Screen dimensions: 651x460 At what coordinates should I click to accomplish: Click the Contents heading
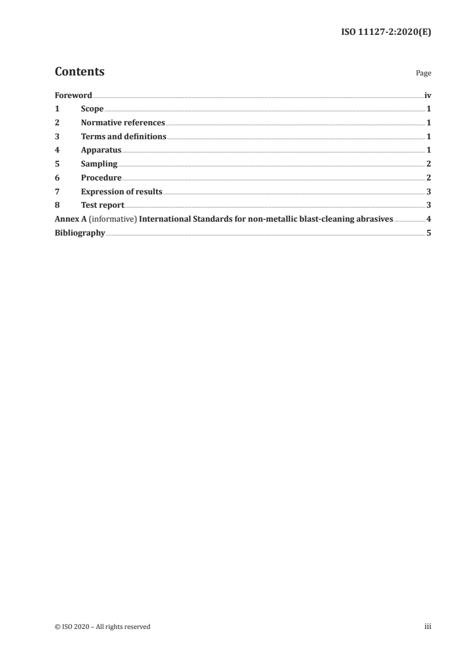(x=79, y=72)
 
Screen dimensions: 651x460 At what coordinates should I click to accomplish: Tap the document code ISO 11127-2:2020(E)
(x=385, y=33)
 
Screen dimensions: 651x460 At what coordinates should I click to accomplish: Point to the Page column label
(x=423, y=74)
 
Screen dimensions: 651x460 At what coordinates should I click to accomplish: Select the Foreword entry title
(x=73, y=95)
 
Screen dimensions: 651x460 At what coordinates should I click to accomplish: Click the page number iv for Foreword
(x=428, y=95)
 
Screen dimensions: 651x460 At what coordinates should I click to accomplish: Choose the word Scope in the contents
(x=92, y=109)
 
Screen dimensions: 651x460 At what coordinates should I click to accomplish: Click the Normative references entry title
(x=123, y=123)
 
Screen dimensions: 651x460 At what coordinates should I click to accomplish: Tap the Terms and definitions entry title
(x=124, y=137)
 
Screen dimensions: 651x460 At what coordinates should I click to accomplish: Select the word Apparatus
(x=101, y=150)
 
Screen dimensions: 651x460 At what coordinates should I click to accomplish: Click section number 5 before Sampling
(x=57, y=164)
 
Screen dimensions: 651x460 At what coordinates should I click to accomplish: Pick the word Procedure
(x=101, y=178)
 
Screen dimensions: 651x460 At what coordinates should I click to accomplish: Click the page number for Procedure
(x=428, y=178)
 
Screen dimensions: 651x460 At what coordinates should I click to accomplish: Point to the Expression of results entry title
(x=121, y=191)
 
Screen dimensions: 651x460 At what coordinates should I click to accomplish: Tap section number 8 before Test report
(x=57, y=205)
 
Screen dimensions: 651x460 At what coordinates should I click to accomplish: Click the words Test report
(x=103, y=205)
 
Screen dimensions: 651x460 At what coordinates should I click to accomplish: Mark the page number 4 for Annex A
(x=428, y=219)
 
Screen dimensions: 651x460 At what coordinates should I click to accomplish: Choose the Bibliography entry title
(x=79, y=233)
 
